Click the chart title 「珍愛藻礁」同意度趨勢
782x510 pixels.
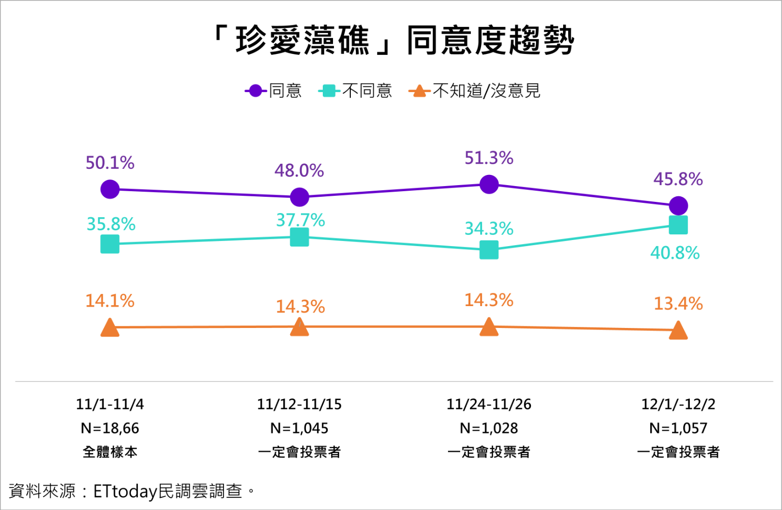tap(393, 40)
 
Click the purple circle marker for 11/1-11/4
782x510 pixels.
tap(110, 189)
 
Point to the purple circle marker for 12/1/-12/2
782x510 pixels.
tap(678, 206)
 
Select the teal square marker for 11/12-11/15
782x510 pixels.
tap(299, 237)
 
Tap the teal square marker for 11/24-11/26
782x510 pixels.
tap(489, 250)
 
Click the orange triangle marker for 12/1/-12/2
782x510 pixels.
tap(678, 331)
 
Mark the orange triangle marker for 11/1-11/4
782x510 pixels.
tap(110, 328)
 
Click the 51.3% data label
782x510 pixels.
tap(489, 158)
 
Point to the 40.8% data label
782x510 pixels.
tap(675, 253)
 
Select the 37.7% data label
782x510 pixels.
tap(300, 220)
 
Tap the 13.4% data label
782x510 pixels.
tap(678, 304)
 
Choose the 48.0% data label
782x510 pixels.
tap(299, 170)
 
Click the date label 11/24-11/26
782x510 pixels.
tap(489, 404)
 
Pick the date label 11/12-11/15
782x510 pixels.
tap(299, 404)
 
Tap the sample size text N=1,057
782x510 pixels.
tap(678, 428)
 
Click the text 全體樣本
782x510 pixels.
tap(110, 452)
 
